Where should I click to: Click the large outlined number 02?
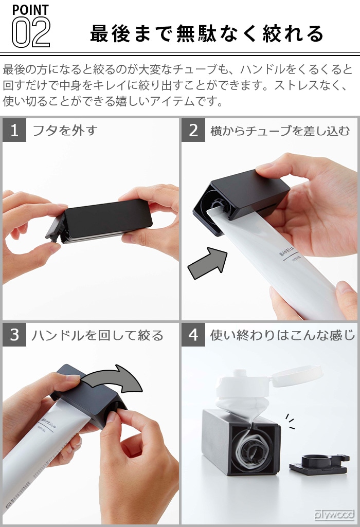[x=31, y=32]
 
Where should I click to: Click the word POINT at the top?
[x=30, y=9]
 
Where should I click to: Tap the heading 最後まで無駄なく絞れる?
[x=207, y=34]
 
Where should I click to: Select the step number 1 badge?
[x=14, y=130]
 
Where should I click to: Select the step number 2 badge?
[x=193, y=130]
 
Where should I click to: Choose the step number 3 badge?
[x=14, y=335]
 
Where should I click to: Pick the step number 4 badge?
[x=193, y=335]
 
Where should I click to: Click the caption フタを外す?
[x=65, y=131]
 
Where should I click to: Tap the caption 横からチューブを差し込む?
[x=280, y=131]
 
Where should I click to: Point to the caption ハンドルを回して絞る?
[x=97, y=336]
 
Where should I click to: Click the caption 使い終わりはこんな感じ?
[x=282, y=336]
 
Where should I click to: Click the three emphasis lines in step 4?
[x=290, y=420]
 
